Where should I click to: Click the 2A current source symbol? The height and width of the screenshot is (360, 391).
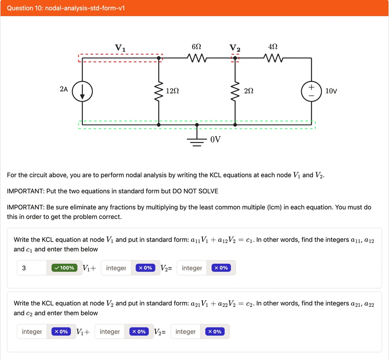point(82,91)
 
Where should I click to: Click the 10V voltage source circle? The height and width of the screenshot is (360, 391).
point(311,91)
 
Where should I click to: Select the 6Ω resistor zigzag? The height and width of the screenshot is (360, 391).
point(197,58)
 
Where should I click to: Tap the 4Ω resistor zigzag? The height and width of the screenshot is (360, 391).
point(273,58)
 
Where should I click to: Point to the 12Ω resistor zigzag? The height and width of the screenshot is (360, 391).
point(159,91)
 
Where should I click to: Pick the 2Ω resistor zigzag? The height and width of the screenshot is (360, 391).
point(235,91)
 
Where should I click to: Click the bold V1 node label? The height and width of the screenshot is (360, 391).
point(120,48)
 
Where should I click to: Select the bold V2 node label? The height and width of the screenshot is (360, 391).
point(235,48)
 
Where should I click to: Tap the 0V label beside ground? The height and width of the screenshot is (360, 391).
point(215,139)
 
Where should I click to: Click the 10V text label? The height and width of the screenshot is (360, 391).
point(331,91)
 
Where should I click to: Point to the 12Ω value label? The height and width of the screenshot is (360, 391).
point(172,91)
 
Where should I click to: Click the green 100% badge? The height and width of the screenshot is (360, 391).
point(64,268)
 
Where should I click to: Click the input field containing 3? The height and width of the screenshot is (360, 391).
point(32,268)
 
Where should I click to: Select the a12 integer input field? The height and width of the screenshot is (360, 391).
point(116,268)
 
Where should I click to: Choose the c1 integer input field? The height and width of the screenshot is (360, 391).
point(192,268)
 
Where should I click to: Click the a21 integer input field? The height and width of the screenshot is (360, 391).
point(32,332)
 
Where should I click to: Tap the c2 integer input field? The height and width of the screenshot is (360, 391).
point(186,332)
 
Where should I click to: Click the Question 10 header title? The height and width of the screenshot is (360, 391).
point(66,8)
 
